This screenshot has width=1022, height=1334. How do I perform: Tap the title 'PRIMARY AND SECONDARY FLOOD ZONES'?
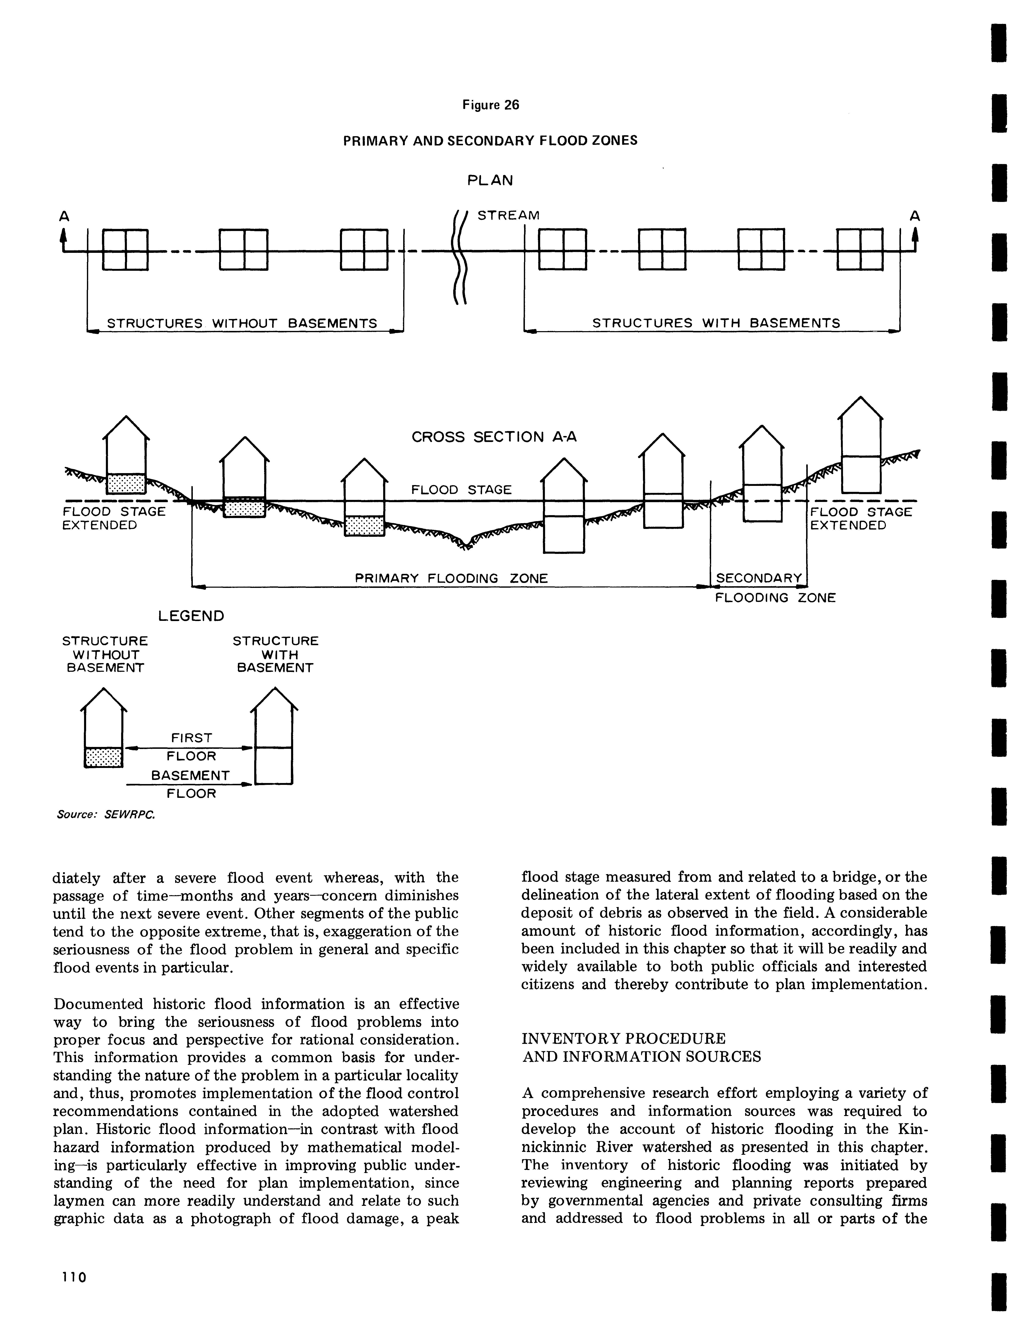[490, 141]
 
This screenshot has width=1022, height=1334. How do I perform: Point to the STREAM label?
[509, 215]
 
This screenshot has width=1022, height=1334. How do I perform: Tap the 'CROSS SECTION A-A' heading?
[494, 437]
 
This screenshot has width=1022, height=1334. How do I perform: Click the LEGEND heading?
[191, 616]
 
